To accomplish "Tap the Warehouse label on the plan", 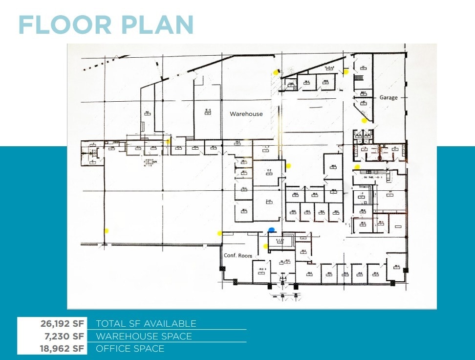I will tap(246, 114).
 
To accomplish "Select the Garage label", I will tap(389, 97).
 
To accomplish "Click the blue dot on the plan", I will tap(272, 229).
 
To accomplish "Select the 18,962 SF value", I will tap(62, 349).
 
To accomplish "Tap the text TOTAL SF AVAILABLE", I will tap(146, 323).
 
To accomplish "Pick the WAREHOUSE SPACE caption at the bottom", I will tap(144, 336).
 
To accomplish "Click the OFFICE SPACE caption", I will tap(130, 349).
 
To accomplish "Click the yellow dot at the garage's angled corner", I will tap(364, 120).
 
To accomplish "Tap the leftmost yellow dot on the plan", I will tap(106, 230).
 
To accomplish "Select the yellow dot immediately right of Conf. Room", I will tap(266, 246).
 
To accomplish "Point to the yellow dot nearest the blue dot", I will tap(266, 246).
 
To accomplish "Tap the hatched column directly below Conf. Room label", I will tap(222, 269).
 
